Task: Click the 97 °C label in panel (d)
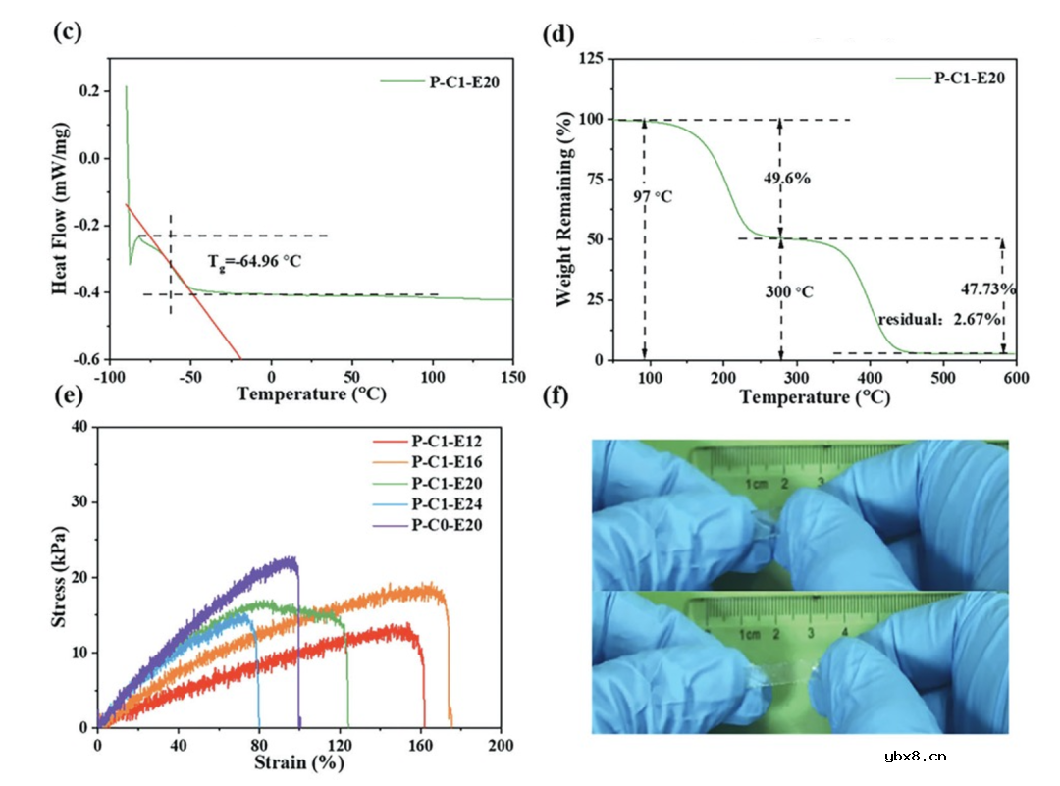click(x=654, y=197)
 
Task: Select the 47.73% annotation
click(x=988, y=288)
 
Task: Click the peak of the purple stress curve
click(x=290, y=559)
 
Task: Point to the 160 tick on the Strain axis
click(x=420, y=743)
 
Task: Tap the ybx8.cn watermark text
click(x=915, y=756)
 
